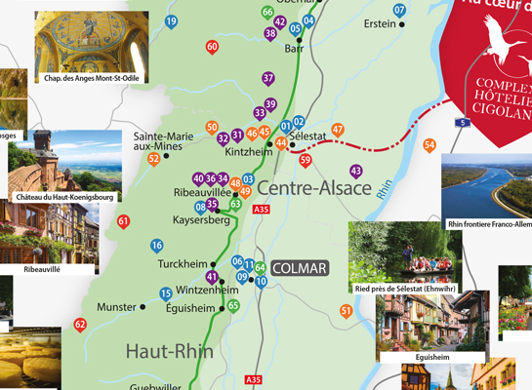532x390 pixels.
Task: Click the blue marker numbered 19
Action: coord(172,20)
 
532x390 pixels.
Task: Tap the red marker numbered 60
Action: coord(213,46)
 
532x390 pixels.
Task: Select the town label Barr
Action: coord(294,48)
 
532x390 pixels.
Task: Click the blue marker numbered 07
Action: coord(399,10)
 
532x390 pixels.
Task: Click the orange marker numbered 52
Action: coord(153,158)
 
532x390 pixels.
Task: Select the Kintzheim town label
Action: coord(246,152)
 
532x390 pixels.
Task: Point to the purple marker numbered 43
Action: coord(355,171)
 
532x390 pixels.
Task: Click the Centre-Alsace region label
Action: coord(319,187)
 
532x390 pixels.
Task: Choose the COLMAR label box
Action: coord(301,266)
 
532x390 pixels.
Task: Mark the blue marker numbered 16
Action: coord(156,245)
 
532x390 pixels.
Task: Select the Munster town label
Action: coord(117,306)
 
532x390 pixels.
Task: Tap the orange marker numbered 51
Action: coord(346,310)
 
